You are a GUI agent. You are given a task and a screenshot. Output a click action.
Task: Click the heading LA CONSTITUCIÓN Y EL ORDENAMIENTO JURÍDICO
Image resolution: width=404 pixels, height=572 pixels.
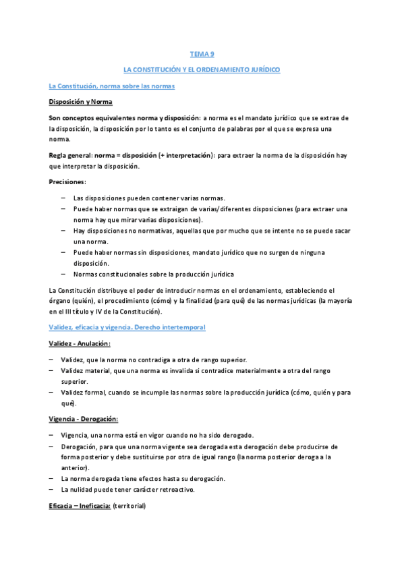click(x=202, y=69)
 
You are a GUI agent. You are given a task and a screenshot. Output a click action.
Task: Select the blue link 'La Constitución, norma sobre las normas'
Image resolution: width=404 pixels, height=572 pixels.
click(x=111, y=86)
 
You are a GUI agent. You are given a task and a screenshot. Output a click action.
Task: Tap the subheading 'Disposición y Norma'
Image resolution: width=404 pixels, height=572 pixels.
click(x=80, y=102)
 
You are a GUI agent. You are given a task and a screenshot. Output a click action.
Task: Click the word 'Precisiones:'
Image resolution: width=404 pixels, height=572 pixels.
click(x=67, y=182)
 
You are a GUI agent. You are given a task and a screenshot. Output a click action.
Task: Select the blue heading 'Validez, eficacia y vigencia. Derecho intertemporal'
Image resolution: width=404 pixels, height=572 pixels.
click(x=127, y=327)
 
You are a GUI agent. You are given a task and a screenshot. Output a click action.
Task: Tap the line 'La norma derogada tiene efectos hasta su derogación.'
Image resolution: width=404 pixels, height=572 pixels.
click(x=142, y=478)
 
